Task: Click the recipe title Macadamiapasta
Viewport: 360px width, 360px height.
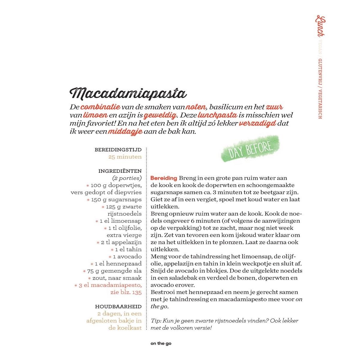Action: click(128, 93)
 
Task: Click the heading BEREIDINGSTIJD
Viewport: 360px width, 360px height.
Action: click(118, 150)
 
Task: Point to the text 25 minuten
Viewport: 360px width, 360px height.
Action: click(125, 157)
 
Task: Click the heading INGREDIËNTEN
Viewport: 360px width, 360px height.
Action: click(120, 171)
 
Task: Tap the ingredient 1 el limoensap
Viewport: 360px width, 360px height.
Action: click(120, 221)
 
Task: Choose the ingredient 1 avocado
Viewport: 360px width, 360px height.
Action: click(127, 256)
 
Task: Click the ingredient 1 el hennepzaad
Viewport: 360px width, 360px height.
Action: click(118, 264)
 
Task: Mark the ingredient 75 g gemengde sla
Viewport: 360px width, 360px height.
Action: click(114, 271)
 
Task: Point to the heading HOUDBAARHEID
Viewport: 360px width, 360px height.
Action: click(118, 307)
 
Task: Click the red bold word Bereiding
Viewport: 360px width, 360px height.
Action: click(163, 178)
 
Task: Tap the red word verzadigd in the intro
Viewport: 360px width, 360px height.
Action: click(258, 124)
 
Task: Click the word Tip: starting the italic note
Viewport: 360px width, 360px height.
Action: click(156, 321)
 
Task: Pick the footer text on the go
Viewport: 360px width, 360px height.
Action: click(161, 344)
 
